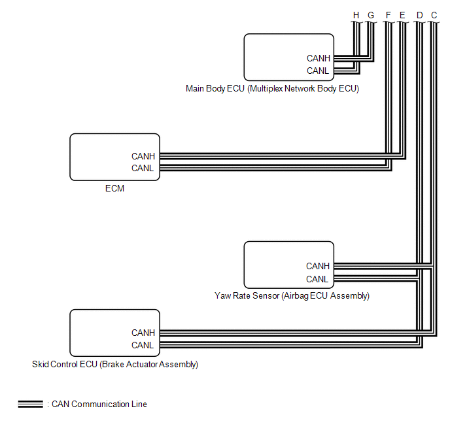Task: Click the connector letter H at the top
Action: [x=356, y=15]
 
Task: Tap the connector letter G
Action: [x=371, y=15]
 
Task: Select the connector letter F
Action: [x=388, y=15]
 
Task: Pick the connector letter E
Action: [x=402, y=15]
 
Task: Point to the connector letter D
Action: [x=419, y=15]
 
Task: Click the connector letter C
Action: [x=434, y=15]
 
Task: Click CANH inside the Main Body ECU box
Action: [x=319, y=58]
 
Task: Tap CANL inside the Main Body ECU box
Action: [x=317, y=71]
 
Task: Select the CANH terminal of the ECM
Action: [x=143, y=157]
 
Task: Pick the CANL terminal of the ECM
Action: [x=143, y=168]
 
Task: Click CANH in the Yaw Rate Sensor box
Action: [x=318, y=267]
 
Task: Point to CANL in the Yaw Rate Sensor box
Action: [x=317, y=279]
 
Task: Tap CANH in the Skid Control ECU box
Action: [x=143, y=333]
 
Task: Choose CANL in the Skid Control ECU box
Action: [x=143, y=345]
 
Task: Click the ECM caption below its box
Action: [x=114, y=189]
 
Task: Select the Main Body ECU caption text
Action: [x=272, y=89]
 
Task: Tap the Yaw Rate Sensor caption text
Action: [x=292, y=296]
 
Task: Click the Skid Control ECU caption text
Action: [x=115, y=365]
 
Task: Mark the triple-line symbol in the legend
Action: [x=31, y=405]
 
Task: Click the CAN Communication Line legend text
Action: [x=99, y=405]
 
